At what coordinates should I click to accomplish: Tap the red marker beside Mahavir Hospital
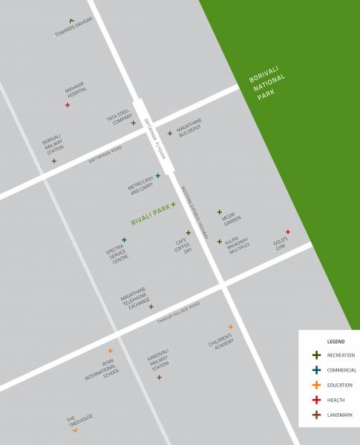tap(68, 105)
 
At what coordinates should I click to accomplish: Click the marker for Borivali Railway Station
tap(53, 161)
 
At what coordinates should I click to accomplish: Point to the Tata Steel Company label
tap(118, 119)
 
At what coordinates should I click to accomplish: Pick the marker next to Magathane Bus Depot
tap(169, 133)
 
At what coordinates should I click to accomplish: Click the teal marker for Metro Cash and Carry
tap(157, 176)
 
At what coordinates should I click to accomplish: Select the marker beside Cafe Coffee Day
tap(189, 233)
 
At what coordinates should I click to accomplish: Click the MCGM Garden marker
tap(219, 212)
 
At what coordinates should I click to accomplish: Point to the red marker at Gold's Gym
tap(288, 232)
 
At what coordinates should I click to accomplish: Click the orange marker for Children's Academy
tap(230, 327)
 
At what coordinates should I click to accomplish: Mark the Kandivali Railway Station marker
tap(159, 378)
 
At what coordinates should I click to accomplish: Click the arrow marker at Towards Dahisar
tap(71, 21)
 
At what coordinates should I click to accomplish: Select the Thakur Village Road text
tap(179, 314)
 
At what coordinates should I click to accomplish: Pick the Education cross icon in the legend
tap(316, 385)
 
